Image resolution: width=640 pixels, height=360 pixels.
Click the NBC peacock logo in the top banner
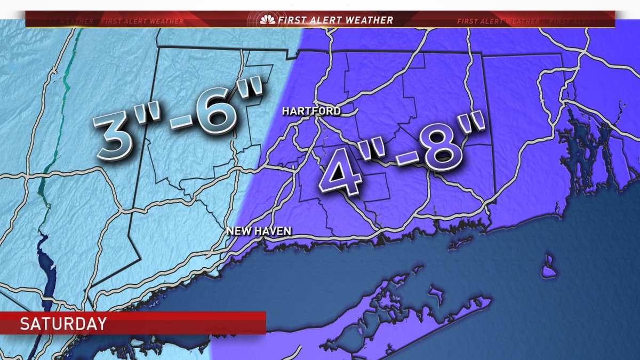click(x=268, y=20)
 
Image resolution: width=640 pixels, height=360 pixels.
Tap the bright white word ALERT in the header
click(x=323, y=20)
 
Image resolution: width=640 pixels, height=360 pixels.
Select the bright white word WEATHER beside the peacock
click(x=369, y=20)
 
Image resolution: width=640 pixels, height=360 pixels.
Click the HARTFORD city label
click(x=311, y=111)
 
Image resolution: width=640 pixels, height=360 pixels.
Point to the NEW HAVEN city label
click(x=258, y=231)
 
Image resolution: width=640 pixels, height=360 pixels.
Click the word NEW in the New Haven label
click(x=237, y=231)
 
